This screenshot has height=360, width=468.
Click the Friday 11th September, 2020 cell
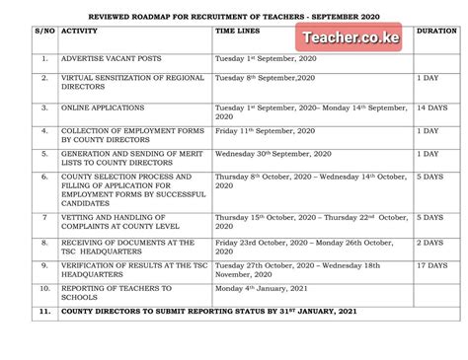tap(263, 129)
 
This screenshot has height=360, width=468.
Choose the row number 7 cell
tap(44, 217)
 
